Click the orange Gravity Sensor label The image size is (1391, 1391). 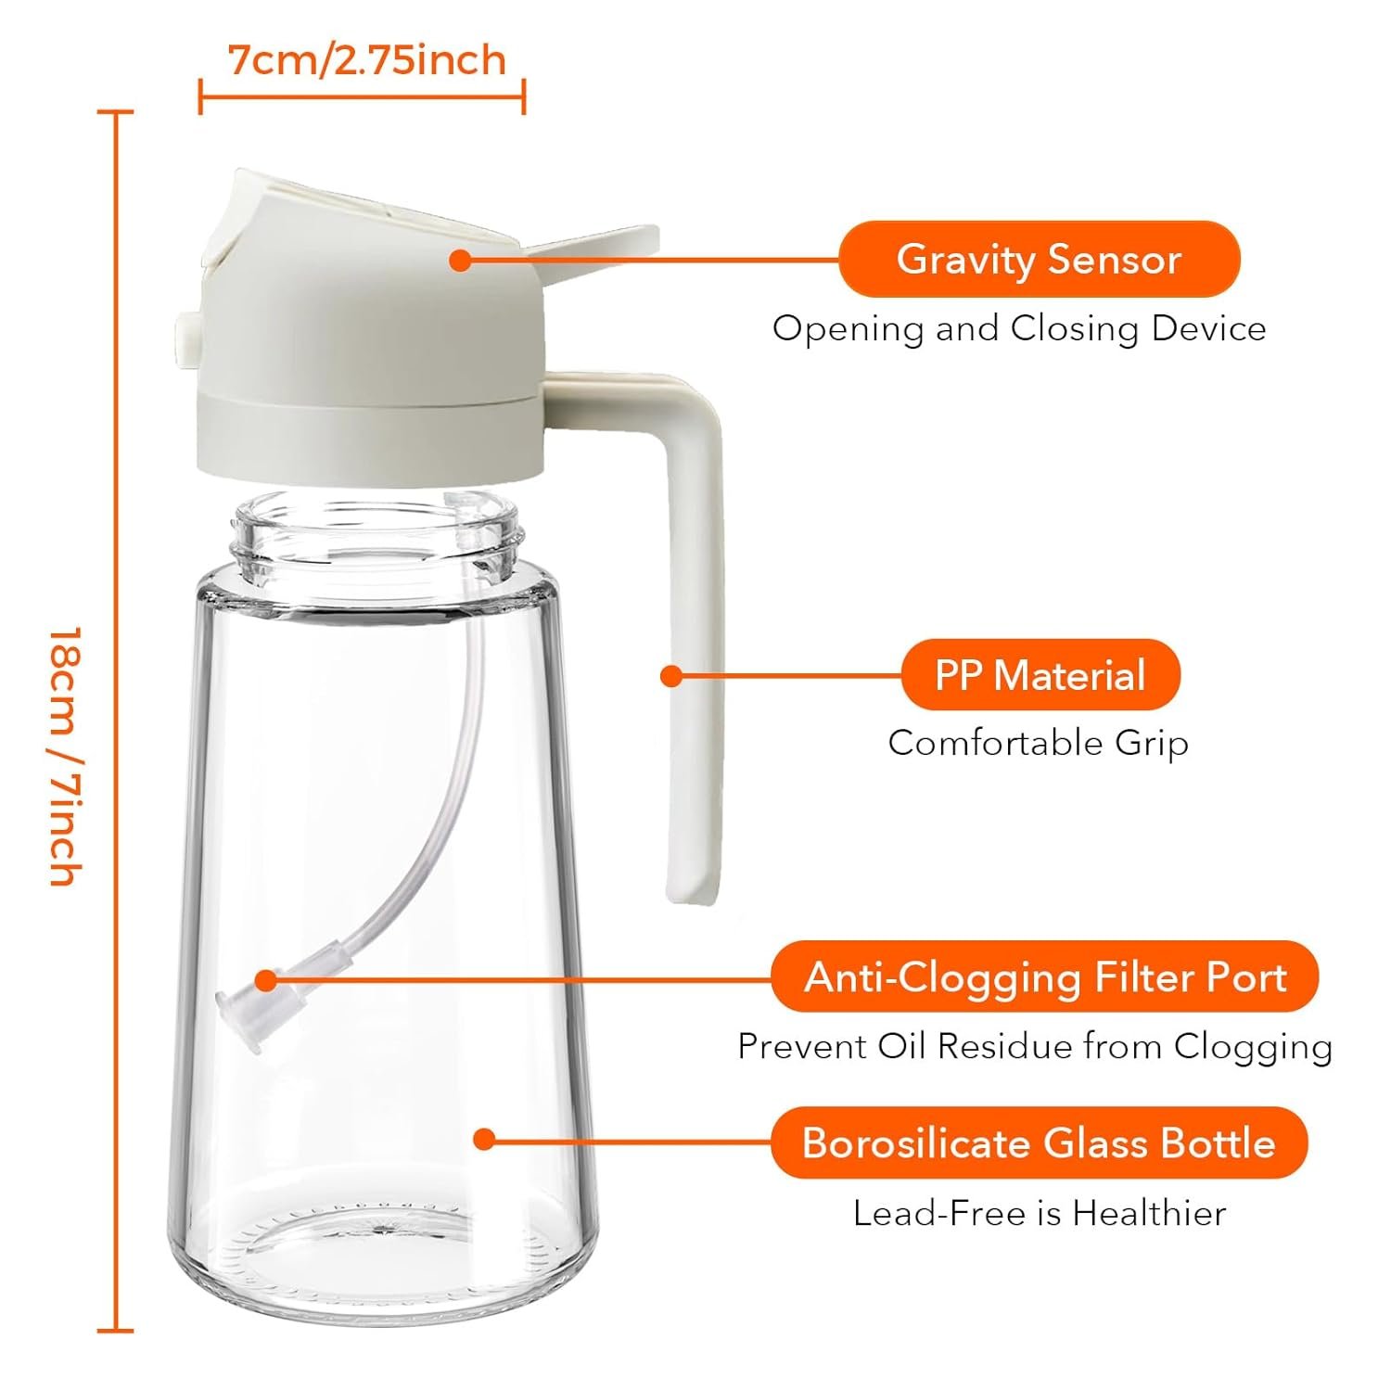coord(1040,259)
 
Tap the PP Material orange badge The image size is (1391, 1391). coord(1040,674)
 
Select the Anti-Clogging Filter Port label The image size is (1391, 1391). coord(1045,976)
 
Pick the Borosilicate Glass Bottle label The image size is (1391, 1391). coord(1040,1142)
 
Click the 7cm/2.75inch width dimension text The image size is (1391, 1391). coord(367,60)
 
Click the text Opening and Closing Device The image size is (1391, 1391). coord(1019,328)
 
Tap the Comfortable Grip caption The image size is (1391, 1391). coord(1038,743)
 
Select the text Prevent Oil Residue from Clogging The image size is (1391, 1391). coord(1035,1046)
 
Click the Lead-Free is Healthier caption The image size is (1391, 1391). coord(1040,1213)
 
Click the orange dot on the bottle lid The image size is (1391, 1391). coord(460,260)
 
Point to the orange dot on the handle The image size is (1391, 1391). coord(671,675)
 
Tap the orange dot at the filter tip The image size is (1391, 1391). coord(266,979)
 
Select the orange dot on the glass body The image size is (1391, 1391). coord(483,1138)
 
